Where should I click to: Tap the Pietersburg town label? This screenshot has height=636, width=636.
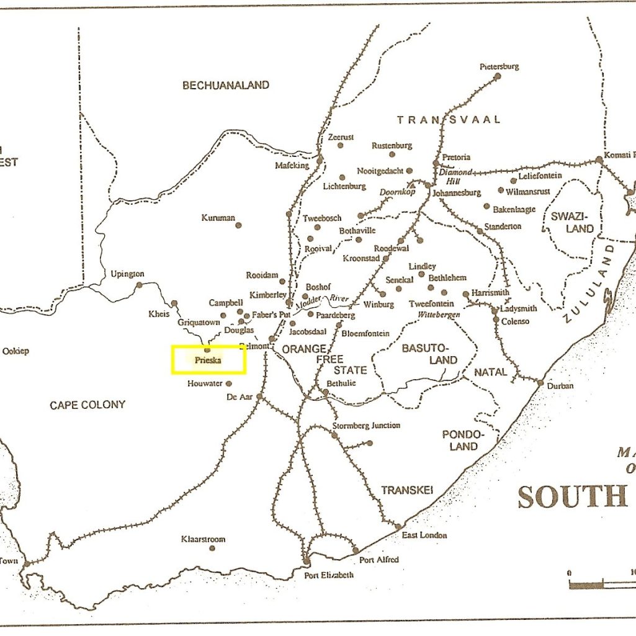tap(499, 66)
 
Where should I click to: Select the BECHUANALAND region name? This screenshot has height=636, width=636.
tap(226, 86)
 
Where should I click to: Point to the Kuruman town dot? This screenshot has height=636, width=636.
tap(238, 225)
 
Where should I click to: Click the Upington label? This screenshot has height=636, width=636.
tap(127, 274)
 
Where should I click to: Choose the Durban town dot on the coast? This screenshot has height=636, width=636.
tap(540, 382)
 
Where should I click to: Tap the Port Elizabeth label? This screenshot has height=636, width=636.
tap(329, 575)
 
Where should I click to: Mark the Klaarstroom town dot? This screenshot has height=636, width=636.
tap(212, 549)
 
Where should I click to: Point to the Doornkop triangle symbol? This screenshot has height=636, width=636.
tap(410, 184)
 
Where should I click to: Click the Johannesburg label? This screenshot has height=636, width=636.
tap(457, 193)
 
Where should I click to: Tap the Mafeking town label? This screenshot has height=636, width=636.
tap(292, 166)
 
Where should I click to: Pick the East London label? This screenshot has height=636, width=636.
tap(424, 535)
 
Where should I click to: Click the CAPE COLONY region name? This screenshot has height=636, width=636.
tap(87, 405)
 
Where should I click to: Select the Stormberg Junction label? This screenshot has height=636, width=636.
tap(366, 426)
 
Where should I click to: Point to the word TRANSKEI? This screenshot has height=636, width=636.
tap(406, 490)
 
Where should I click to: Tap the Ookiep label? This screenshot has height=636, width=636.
tap(16, 351)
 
